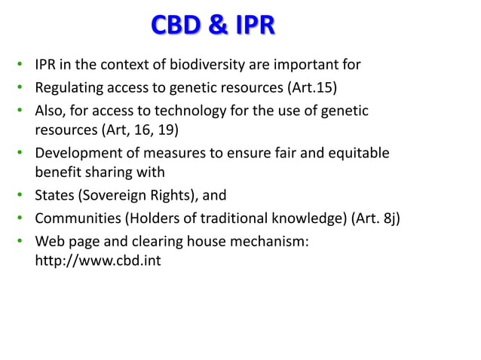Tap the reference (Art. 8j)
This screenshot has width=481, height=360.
(x=375, y=219)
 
